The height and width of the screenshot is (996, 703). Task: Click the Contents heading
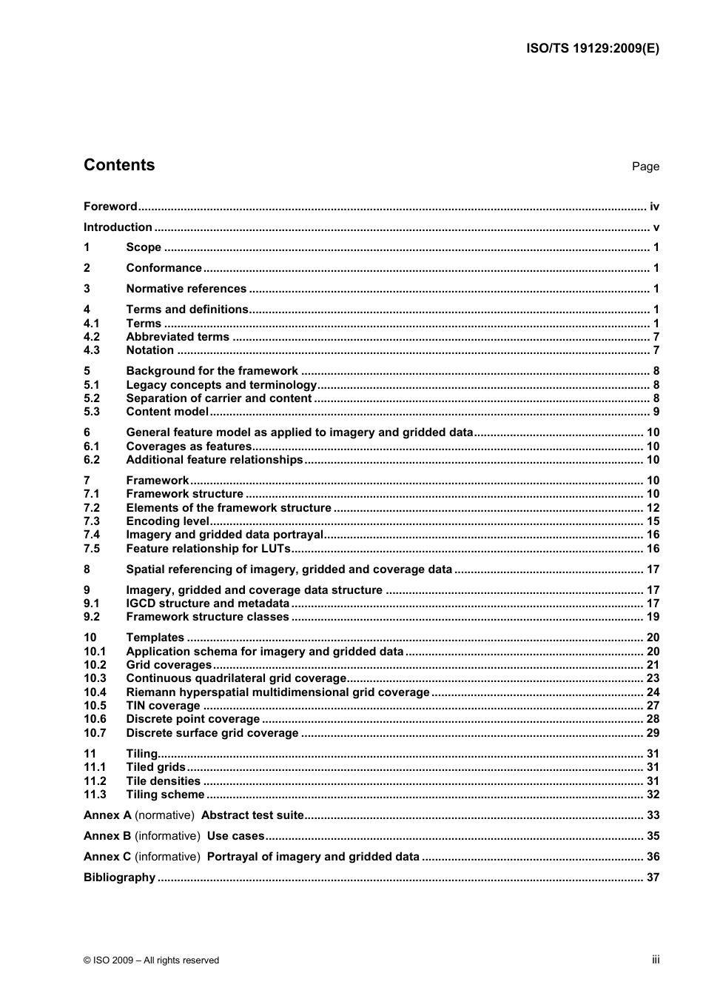click(x=119, y=165)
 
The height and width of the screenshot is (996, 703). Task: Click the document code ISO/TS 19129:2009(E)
click(x=592, y=48)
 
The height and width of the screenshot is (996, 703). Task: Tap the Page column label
click(x=645, y=167)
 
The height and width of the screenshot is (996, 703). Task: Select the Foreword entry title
click(x=110, y=207)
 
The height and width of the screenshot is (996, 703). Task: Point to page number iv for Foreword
click(x=654, y=207)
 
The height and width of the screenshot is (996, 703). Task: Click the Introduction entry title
click(x=118, y=227)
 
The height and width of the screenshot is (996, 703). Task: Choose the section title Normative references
click(x=186, y=289)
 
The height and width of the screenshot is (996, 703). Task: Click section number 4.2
click(x=92, y=337)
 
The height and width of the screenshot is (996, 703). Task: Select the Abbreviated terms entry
click(x=178, y=337)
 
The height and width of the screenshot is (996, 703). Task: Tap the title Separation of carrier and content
click(x=218, y=398)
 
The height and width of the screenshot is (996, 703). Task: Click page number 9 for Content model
click(x=656, y=412)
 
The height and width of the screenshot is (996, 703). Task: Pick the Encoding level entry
click(x=167, y=521)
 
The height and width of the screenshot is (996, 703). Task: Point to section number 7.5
click(x=92, y=549)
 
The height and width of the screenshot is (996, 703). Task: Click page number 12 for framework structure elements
click(x=653, y=508)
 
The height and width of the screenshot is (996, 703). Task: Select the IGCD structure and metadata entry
click(x=207, y=604)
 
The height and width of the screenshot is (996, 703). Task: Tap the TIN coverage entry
click(x=163, y=706)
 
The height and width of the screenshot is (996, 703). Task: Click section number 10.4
click(x=95, y=692)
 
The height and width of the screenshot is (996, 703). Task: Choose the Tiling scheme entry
click(x=165, y=795)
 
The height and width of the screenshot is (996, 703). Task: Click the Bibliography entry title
click(x=119, y=878)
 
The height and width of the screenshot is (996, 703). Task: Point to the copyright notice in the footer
click(x=151, y=960)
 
